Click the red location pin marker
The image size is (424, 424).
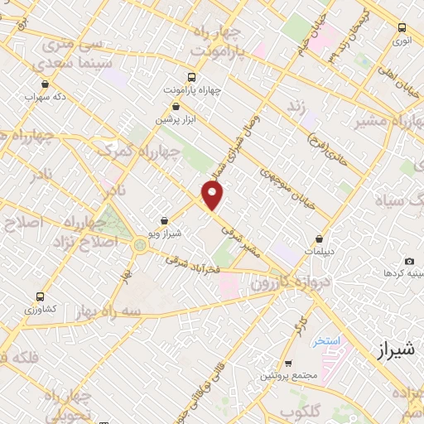214,195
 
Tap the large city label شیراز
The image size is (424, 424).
388,350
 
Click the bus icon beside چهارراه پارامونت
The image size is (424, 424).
193,74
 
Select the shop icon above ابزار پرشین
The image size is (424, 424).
176,106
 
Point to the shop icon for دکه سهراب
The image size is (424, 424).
44,84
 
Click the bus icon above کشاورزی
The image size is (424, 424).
40,296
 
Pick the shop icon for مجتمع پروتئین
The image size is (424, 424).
287,364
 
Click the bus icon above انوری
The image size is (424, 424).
402,26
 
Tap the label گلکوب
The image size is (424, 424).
299,412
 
